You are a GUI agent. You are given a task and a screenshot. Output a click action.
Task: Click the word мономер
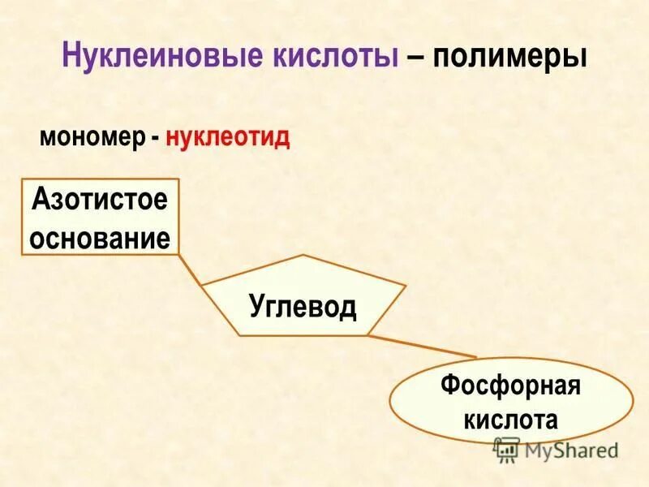click(92, 136)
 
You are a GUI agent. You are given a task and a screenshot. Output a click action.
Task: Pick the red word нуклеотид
click(228, 136)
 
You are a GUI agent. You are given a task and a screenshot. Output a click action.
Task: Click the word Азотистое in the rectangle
click(100, 200)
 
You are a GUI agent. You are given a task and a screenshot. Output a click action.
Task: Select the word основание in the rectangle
click(100, 237)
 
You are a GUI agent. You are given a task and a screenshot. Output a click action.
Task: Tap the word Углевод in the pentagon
click(302, 307)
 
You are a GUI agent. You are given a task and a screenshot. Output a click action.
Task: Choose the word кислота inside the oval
click(511, 420)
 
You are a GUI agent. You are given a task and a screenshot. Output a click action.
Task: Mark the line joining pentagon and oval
click(422, 346)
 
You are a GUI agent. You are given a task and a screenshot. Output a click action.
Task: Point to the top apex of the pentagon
click(302, 255)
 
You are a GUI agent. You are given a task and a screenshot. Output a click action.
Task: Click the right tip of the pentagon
click(405, 285)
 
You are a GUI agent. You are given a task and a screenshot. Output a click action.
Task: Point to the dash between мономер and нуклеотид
click(154, 138)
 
